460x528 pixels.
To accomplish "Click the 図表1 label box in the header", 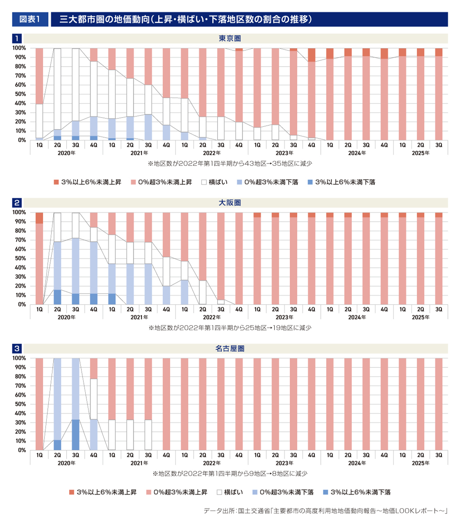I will [x=30, y=19].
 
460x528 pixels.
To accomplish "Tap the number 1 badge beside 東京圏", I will [x=17, y=38].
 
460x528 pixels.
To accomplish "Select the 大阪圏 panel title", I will [x=230, y=203].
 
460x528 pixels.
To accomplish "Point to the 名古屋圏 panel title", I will [x=230, y=348].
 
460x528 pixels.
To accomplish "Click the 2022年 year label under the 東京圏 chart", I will [x=212, y=153].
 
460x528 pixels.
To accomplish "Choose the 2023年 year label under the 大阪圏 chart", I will [x=284, y=317].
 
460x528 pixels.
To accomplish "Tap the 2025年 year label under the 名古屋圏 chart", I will [x=420, y=463].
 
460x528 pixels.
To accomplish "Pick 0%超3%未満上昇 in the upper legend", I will [x=161, y=182].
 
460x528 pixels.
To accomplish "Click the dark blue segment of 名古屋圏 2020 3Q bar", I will [x=75, y=435].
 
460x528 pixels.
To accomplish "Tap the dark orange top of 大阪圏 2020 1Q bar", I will [x=39, y=218].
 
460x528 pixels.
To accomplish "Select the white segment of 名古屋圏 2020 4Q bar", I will [x=94, y=399].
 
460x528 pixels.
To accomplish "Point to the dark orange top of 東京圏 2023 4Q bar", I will [x=311, y=55].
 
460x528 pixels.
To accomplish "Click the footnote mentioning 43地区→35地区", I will [x=230, y=164].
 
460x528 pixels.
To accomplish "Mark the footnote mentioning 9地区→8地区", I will [x=230, y=473].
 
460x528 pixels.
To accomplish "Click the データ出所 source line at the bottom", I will [x=325, y=511].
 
